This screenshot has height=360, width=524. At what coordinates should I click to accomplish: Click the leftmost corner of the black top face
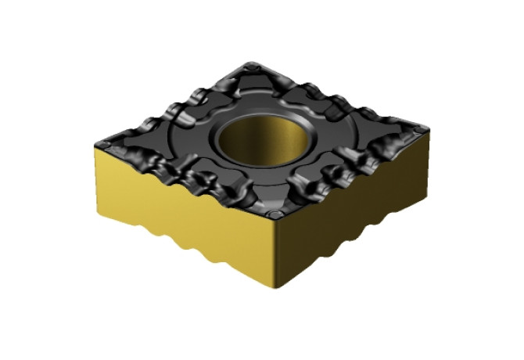(95, 142)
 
